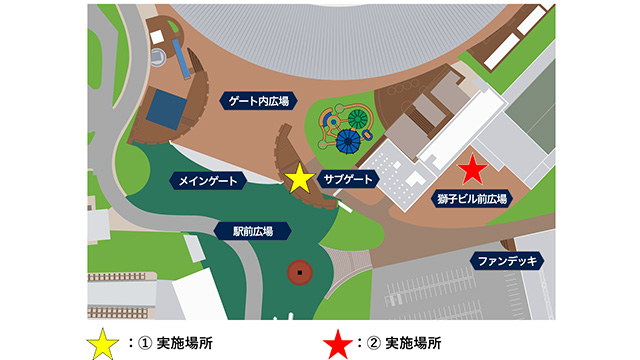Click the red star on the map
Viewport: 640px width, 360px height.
(x=471, y=170)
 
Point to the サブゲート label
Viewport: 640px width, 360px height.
(x=349, y=179)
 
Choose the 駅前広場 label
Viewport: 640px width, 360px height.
(x=254, y=231)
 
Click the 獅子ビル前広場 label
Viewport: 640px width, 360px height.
(x=472, y=199)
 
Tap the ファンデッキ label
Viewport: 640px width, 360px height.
(x=508, y=262)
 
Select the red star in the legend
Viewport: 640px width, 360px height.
(x=337, y=341)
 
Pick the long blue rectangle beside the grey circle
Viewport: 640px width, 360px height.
(x=181, y=59)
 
